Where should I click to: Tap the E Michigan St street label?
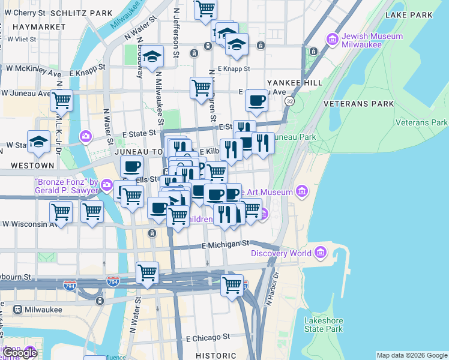(x=225, y=244)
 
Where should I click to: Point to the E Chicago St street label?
(x=208, y=338)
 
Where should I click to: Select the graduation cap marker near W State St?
(x=39, y=141)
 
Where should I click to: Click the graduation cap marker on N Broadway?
(x=153, y=56)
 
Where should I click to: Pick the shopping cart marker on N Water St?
(x=147, y=272)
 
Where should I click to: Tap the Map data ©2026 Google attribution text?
(x=412, y=355)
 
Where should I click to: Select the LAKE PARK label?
(x=409, y=14)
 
